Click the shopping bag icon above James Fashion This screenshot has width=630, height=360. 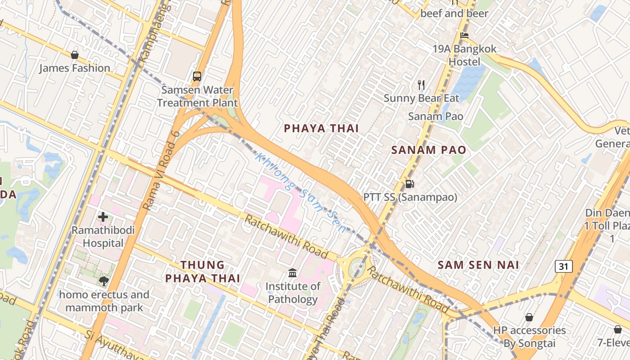[x=75, y=55]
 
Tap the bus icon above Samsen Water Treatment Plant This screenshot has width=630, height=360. [x=197, y=76]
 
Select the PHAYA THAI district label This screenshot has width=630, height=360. [x=321, y=128]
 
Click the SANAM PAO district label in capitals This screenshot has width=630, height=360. [x=428, y=150]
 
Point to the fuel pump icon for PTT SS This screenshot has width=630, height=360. [x=409, y=184]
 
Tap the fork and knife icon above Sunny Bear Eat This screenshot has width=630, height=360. [x=421, y=85]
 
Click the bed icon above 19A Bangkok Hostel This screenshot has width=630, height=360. [x=464, y=35]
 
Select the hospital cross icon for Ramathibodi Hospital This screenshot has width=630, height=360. [x=103, y=217]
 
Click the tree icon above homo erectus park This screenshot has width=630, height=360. [x=104, y=281]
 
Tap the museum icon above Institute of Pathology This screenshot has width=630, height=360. [x=292, y=273]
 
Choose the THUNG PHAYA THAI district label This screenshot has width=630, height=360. [x=202, y=271]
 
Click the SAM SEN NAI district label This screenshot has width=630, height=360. [x=478, y=265]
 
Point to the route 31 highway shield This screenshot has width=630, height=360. [x=563, y=266]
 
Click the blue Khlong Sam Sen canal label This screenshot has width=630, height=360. [x=301, y=193]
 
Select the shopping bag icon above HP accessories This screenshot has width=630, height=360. [x=529, y=317]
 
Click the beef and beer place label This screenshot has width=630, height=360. [x=454, y=13]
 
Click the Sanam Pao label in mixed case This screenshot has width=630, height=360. [x=435, y=116]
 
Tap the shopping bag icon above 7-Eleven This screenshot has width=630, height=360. [x=617, y=329]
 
